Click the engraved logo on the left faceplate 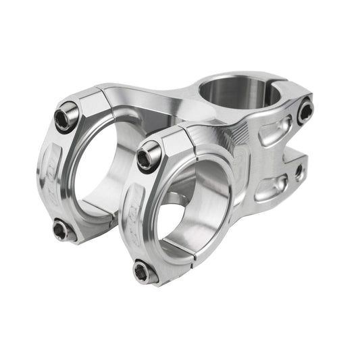point(49,176)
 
